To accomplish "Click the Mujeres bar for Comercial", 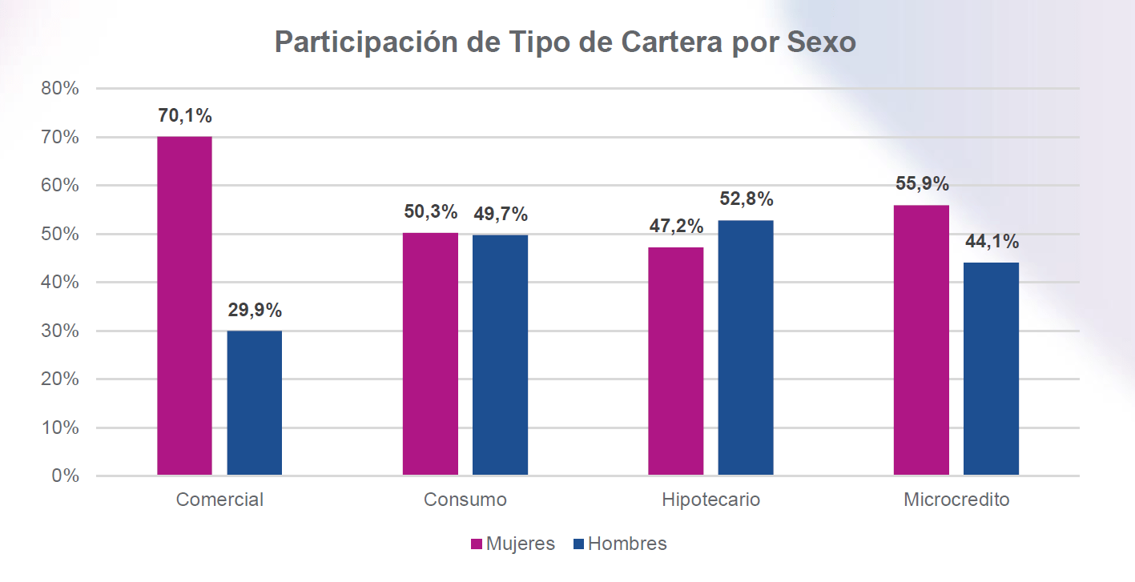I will click(x=184, y=306).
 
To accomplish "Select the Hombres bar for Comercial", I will click(x=255, y=403).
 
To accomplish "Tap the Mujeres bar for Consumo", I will click(x=430, y=354).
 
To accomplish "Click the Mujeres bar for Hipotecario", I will click(x=675, y=361).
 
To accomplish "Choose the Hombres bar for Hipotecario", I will click(x=746, y=347).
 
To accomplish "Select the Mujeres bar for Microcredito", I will click(x=921, y=340).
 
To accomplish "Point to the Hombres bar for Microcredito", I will click(x=991, y=368).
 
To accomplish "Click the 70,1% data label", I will click(x=185, y=116).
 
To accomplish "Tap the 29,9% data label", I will click(x=255, y=311).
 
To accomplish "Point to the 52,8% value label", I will click(x=746, y=199).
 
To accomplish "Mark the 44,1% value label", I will click(x=992, y=242).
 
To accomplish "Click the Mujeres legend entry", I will click(x=512, y=544).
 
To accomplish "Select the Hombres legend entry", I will click(x=620, y=544).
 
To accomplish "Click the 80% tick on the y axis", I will click(x=60, y=89).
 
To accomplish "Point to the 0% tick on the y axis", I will click(x=65, y=476).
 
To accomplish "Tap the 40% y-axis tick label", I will click(x=60, y=283).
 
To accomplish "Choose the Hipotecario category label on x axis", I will click(x=710, y=500).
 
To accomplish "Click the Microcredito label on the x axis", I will click(x=956, y=500).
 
